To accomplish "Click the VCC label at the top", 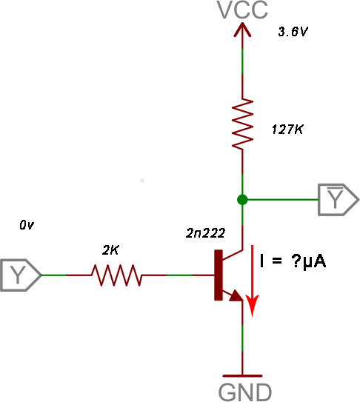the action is coord(242,10).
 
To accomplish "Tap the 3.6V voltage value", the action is coord(293,32).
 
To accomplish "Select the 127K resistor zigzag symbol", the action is coord(242,124).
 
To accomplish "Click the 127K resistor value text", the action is coord(287,130).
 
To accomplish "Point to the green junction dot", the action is coord(242,199).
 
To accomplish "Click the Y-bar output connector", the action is coord(339,199).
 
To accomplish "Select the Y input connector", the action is coord(21,275).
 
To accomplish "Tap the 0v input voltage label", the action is coord(27,225).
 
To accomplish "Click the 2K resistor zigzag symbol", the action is coord(116,275).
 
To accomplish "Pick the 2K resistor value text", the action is coord(110,250).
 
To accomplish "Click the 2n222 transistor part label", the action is coord(205,233).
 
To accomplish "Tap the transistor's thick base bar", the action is coord(219,275).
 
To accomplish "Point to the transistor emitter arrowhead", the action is coord(236,295).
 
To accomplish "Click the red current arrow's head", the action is coord(253,305).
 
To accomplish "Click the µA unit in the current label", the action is coord(315,262).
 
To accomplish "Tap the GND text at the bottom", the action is coord(244,392).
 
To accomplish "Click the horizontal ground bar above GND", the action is coord(242,376).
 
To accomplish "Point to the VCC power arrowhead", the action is coord(242,30).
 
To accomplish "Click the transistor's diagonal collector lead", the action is coord(233,255).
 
